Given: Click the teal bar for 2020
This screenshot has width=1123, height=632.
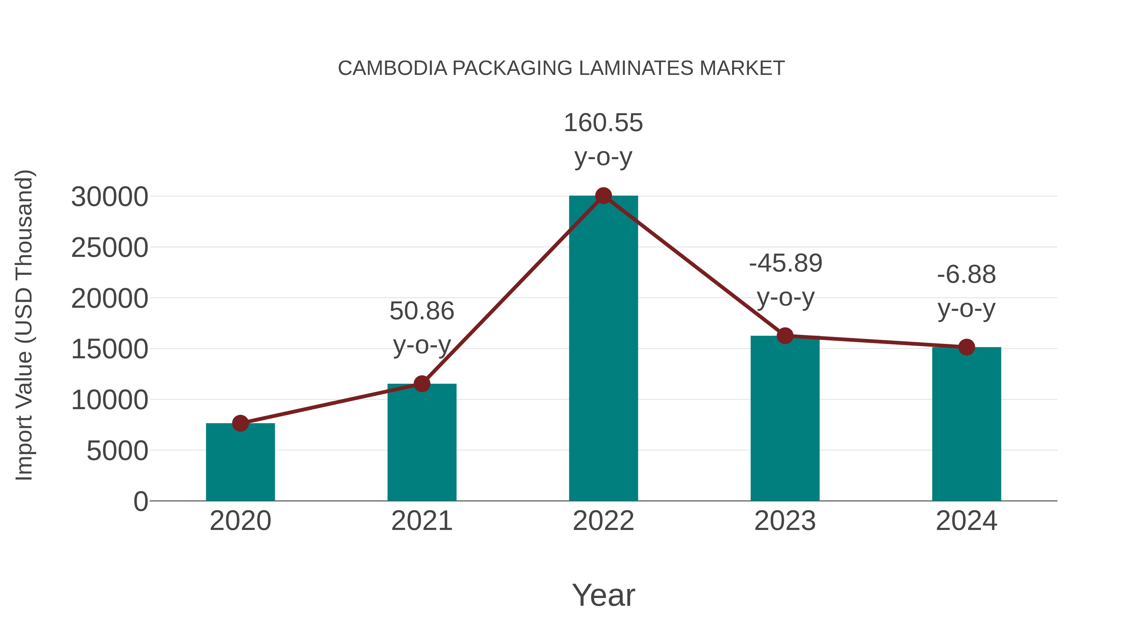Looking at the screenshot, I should tap(240, 462).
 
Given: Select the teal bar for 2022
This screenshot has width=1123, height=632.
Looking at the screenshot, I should tap(603, 349).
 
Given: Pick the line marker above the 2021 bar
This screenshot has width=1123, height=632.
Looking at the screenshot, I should tap(421, 384).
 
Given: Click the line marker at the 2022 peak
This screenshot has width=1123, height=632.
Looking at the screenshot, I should tap(603, 196).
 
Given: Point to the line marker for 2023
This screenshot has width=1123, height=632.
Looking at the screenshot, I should tap(785, 336).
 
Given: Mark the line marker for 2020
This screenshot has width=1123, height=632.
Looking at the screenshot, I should tap(240, 423).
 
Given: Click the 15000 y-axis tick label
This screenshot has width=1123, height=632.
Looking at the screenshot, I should tap(109, 349).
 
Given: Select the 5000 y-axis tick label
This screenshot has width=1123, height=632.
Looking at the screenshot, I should tap(117, 451).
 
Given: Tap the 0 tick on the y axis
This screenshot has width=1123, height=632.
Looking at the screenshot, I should tap(140, 502).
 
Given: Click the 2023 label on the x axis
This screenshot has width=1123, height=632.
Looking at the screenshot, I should tap(785, 521).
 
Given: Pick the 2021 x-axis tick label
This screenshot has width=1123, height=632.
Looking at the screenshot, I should tap(421, 521).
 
